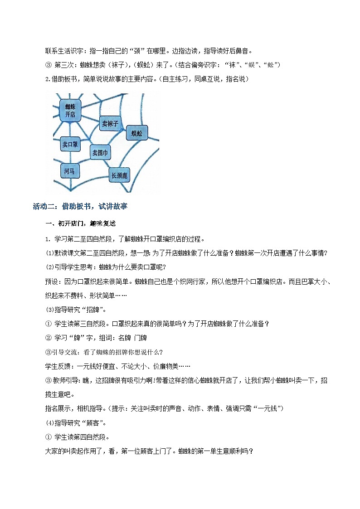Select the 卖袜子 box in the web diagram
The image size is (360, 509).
click(x=110, y=123)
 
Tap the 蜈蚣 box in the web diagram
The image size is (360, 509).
click(x=136, y=133)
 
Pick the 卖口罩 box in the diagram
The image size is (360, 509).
click(x=70, y=145)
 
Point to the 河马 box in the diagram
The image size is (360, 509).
click(x=69, y=171)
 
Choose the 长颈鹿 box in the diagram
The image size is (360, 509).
click(x=120, y=175)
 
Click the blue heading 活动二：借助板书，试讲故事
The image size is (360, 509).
click(x=80, y=207)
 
